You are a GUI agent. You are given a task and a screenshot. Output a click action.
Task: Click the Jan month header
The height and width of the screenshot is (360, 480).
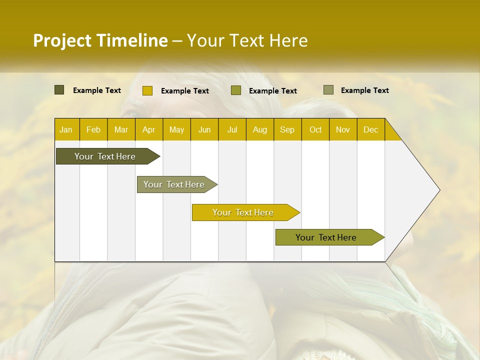coord(66,130)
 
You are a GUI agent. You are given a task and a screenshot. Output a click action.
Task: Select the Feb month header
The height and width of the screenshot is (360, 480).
coord(93,130)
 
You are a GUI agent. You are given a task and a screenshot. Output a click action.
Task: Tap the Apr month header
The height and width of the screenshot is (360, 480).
coord(148,130)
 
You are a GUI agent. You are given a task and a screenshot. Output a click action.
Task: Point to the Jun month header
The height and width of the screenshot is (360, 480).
coord(204,130)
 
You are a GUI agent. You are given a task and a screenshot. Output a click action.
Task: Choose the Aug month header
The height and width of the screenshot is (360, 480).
coord(259,130)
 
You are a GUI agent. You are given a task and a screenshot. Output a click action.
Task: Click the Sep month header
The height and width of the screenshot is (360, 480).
coord(287,130)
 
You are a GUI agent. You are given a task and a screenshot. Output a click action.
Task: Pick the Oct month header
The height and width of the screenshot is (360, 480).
coord(315,130)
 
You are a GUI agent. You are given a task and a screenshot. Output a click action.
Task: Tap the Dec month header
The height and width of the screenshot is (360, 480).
coord(370,130)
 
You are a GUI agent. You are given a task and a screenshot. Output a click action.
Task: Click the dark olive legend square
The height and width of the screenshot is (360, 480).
coord(59,90)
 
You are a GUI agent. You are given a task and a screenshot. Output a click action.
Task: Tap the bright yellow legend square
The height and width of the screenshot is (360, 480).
coord(147,90)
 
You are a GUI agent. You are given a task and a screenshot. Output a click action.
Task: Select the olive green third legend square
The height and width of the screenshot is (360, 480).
coord(236,90)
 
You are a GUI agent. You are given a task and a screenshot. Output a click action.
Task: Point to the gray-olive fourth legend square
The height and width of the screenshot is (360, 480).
coord(328,90)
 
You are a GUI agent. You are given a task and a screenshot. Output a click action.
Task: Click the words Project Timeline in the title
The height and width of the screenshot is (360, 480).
coord(100,40)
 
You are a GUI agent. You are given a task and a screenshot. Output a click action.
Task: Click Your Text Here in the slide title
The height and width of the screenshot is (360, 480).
coord(247,40)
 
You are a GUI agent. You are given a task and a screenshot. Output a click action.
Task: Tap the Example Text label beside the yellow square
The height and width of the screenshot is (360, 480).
coord(184,91)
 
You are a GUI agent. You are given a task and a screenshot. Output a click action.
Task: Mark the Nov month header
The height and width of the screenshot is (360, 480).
coord(342,130)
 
